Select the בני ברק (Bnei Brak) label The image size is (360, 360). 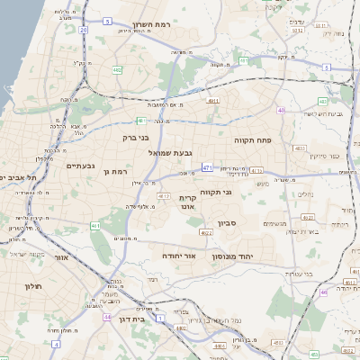[141, 138]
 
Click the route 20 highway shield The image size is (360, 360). [83, 30]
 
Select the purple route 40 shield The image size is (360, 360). [281, 110]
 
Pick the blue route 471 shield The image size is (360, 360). [208, 167]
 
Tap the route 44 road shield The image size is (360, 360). [107, 317]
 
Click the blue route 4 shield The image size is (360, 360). [55, 344]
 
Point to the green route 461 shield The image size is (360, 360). [140, 120]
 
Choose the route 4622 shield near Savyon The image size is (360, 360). [206, 233]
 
